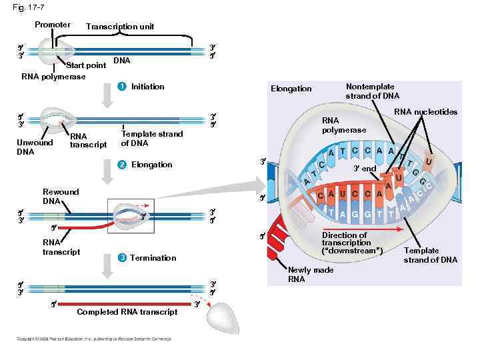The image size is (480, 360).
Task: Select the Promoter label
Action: point(53,25)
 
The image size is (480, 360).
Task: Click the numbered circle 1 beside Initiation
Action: point(121,87)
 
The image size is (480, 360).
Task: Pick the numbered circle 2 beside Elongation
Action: point(121,165)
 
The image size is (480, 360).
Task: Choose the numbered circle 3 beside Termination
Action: point(121,258)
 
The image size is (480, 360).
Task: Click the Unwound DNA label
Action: point(35,147)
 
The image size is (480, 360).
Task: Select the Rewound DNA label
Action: point(61,196)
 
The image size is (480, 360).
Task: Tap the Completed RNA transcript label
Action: point(127,312)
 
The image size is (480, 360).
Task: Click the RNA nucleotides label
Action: point(425,111)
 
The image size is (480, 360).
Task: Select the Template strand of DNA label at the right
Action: point(430,255)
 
